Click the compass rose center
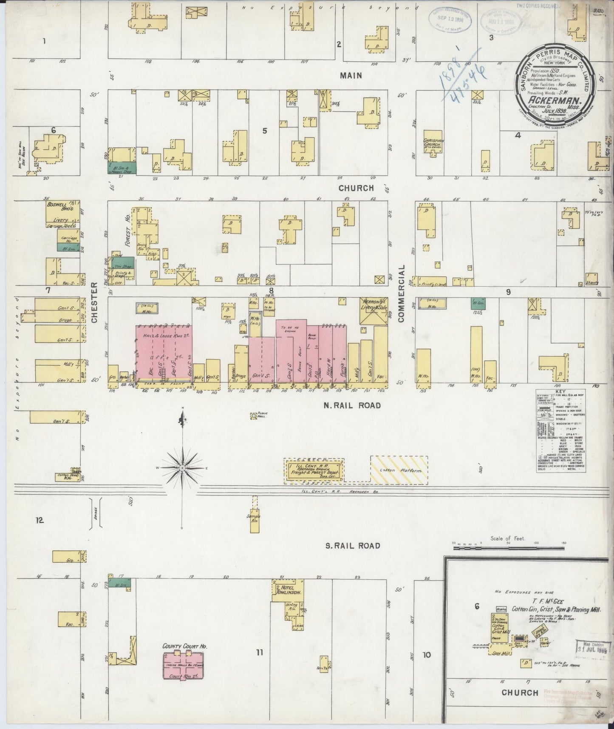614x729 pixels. tap(182, 468)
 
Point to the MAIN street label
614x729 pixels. tap(351, 75)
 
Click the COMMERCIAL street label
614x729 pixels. tap(402, 293)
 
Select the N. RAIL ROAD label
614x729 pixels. tap(352, 405)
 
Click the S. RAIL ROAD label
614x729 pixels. tap(352, 546)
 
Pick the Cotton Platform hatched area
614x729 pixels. tap(399, 470)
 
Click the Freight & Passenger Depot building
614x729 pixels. tap(314, 471)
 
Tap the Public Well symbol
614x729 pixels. tap(254, 416)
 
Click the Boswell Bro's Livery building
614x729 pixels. tap(62, 211)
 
